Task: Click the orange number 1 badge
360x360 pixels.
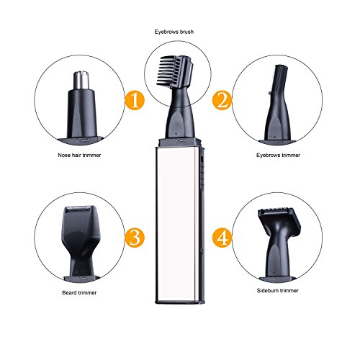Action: click(135, 100)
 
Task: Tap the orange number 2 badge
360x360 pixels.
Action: click(222, 100)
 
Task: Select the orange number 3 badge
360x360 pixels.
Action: click(135, 238)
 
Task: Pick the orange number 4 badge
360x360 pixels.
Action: click(222, 238)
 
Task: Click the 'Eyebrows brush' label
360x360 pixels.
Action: click(174, 32)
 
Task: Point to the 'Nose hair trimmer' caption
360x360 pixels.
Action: click(79, 155)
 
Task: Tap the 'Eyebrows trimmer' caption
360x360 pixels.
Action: click(278, 155)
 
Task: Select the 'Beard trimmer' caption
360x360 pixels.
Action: click(79, 292)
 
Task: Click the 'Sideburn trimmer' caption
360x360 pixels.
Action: click(277, 291)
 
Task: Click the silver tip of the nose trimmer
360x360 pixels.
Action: click(81, 80)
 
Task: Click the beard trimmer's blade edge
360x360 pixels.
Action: click(78, 210)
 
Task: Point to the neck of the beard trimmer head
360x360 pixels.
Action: click(81, 265)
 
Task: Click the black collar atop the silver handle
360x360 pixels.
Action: click(179, 142)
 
